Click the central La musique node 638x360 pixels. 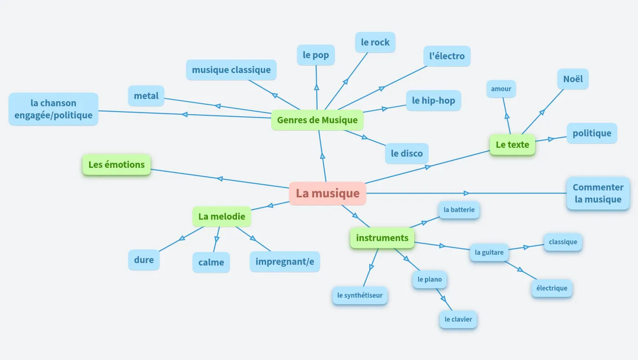[x=327, y=193]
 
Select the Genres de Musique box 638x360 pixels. [x=317, y=120]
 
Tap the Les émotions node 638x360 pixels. [x=116, y=165]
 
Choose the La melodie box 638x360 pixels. [x=221, y=217]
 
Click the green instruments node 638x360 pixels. [x=382, y=238]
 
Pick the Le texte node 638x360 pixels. [x=512, y=145]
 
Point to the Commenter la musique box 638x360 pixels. [x=598, y=193]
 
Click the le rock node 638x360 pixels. [x=375, y=42]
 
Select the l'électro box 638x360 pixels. [x=447, y=56]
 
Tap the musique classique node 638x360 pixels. [x=231, y=70]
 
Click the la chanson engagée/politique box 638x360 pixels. [x=53, y=109]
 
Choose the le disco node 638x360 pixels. [x=407, y=153]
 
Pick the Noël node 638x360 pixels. [x=573, y=79]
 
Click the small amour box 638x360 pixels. [x=501, y=89]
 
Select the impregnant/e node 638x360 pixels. [x=285, y=262]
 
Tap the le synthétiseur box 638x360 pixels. [x=360, y=295]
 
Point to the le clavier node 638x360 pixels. [x=458, y=319]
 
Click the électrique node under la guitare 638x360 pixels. [x=552, y=288]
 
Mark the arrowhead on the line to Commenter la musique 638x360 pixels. [x=466, y=193]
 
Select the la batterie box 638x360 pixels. [x=459, y=210]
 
